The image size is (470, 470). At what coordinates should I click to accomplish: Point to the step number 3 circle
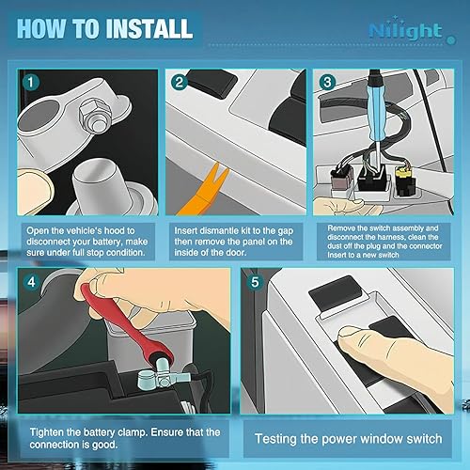click(326, 83)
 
